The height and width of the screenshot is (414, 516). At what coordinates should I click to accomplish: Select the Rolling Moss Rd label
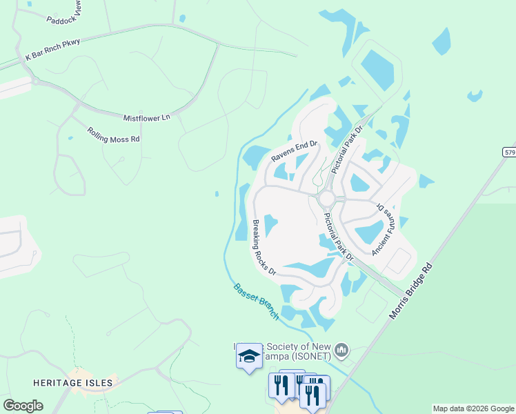(x=114, y=135)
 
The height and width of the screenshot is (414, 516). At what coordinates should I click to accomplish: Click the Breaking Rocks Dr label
(x=264, y=247)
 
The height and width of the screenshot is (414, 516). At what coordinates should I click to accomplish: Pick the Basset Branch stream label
(x=256, y=302)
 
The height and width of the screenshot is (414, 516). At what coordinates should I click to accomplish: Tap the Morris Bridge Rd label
(x=414, y=290)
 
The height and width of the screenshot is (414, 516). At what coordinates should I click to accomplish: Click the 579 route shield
(x=509, y=152)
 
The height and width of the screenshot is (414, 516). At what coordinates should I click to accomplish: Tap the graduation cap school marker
(x=249, y=356)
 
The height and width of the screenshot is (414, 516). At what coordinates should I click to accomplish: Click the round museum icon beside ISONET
(x=341, y=352)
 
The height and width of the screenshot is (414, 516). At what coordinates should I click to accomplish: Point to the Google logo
(x=23, y=406)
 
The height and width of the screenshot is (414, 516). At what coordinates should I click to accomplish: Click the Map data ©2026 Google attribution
(x=473, y=408)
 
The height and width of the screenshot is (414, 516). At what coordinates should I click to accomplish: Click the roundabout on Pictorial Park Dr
(x=326, y=199)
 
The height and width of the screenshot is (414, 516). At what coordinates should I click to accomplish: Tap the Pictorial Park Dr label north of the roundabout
(x=346, y=151)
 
